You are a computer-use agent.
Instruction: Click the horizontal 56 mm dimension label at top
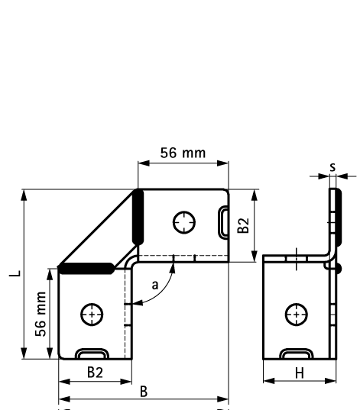coord(182,153)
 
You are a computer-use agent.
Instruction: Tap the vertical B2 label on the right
coord(243,225)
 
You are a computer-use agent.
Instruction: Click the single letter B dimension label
coord(143,390)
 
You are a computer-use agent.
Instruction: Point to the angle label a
coord(156,285)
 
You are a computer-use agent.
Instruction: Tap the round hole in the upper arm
coord(183,222)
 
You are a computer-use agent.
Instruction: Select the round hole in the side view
coord(297,314)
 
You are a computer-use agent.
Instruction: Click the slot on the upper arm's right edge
coord(223,222)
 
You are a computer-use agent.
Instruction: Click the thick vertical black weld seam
coord(138,218)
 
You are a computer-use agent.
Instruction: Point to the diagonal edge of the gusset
coord(98,228)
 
